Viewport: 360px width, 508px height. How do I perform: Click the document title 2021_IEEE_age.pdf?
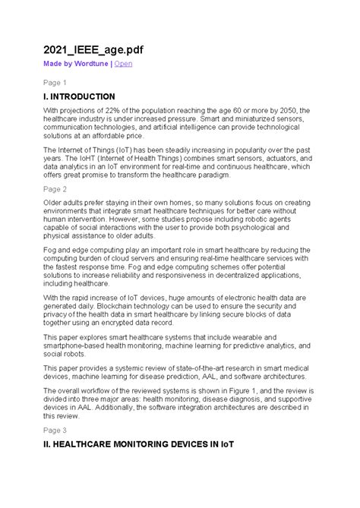[x=92, y=49]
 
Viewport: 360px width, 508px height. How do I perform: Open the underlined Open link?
[x=123, y=64]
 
